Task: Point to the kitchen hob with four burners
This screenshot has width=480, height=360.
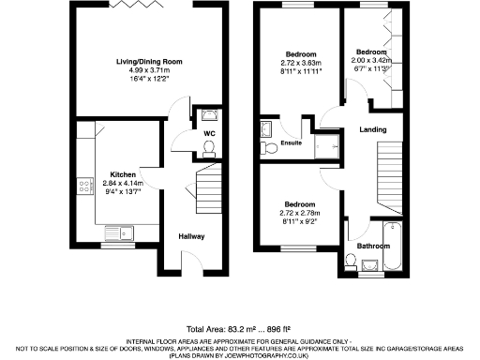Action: [84, 186]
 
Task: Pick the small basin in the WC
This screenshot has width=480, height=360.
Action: [209, 116]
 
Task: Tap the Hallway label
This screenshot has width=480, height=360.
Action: [191, 235]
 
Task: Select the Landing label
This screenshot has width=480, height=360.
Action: [373, 130]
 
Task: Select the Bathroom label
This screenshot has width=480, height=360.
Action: [374, 247]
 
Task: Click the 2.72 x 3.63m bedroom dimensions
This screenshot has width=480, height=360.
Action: [301, 62]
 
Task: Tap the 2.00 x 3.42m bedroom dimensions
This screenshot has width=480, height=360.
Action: [370, 60]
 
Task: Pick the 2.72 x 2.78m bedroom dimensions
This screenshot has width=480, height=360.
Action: [301, 215]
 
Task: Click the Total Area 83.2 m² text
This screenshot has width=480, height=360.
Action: [239, 329]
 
